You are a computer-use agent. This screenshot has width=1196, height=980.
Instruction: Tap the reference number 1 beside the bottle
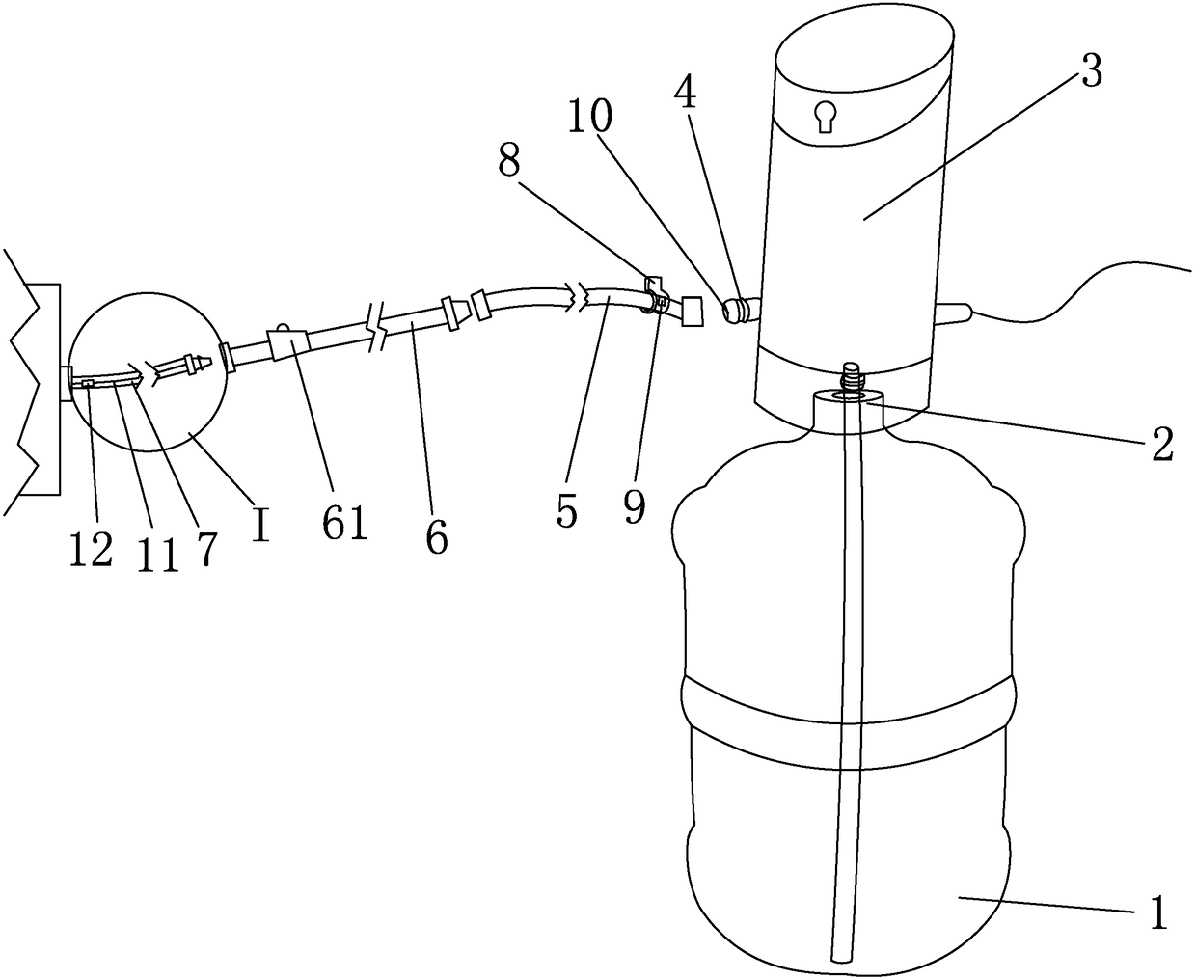1157,912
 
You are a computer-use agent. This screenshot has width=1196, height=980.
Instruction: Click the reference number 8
511,163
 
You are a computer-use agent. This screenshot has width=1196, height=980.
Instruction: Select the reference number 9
634,505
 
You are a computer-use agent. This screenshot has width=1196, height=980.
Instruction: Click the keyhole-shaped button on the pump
825,116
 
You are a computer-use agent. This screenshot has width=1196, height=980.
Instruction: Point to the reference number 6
437,537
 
